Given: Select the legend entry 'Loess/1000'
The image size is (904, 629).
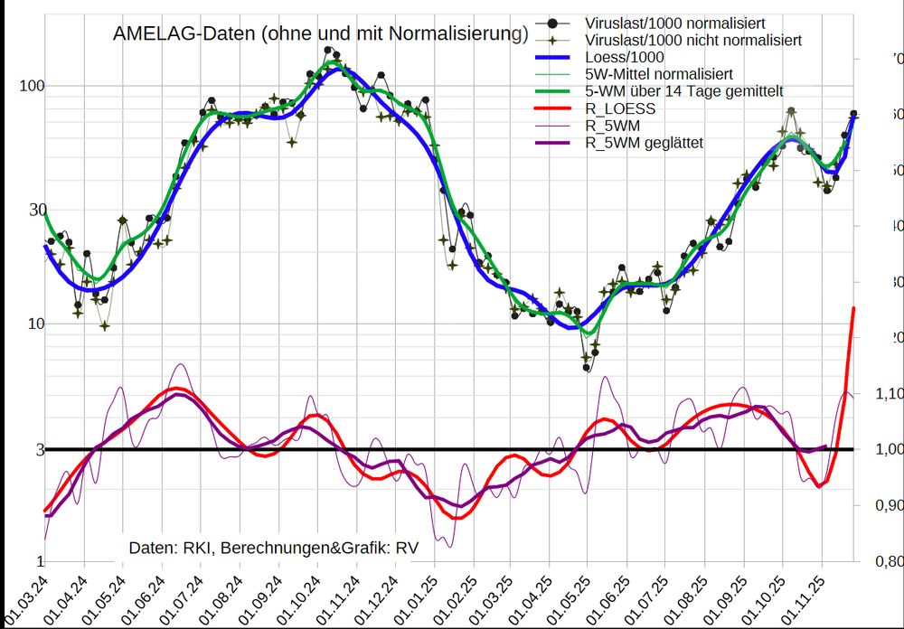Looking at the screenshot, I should (625, 57).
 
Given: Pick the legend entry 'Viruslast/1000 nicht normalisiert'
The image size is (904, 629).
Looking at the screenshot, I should (692, 41).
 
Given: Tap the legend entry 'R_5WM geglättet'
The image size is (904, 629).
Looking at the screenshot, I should (645, 143).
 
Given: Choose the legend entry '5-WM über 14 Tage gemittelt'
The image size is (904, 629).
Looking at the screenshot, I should (683, 91).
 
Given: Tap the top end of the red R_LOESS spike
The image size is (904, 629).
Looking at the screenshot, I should (852, 309).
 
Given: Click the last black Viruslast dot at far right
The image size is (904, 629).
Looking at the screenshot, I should (853, 114).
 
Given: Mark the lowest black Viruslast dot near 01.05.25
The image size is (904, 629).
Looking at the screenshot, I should (587, 368).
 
